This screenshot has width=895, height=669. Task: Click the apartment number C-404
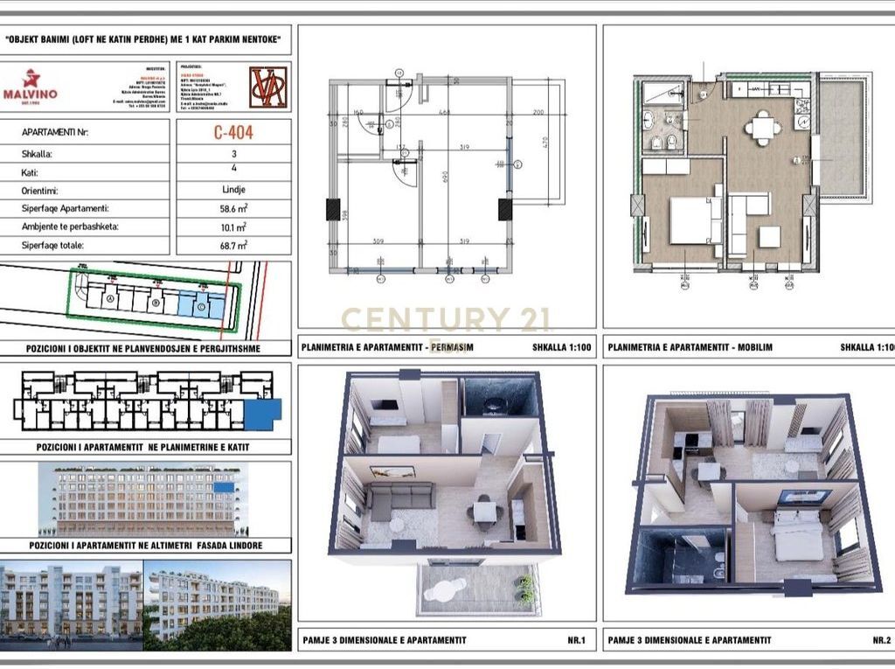tap(233, 134)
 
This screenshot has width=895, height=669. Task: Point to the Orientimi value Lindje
tap(233, 189)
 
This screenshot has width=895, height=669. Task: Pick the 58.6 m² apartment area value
tap(233, 209)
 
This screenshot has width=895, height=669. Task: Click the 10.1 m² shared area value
tap(233, 227)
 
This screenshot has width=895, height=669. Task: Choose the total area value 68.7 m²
tap(233, 246)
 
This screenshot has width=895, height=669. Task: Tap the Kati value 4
tap(233, 171)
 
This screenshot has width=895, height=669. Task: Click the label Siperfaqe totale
tap(53, 246)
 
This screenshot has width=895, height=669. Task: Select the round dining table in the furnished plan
tap(763, 128)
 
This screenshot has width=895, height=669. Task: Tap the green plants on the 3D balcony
tap(525, 588)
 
